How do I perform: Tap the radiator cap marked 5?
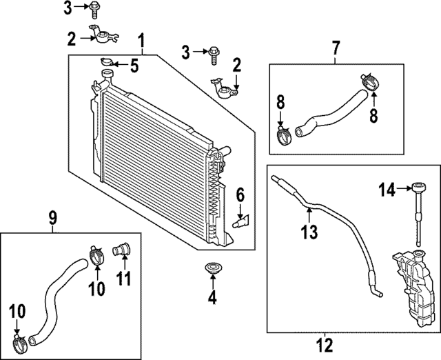point(107,63)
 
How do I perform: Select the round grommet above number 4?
point(212,268)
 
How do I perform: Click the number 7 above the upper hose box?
point(336,48)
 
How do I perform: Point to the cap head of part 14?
point(419,186)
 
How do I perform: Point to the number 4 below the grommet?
point(212,298)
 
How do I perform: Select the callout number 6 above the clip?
point(240,196)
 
